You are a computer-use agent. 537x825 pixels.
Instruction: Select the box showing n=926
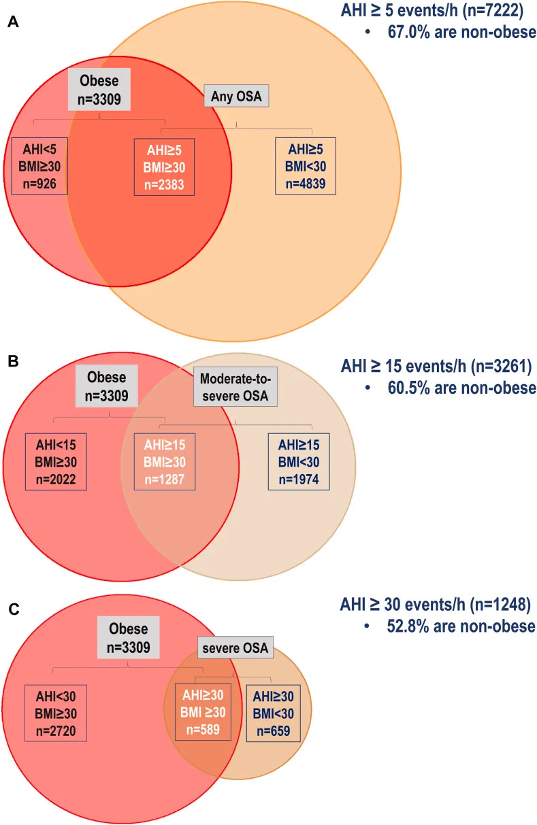tap(39, 166)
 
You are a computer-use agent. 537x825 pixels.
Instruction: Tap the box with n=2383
tap(164, 167)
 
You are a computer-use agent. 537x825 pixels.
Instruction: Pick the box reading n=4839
tap(305, 166)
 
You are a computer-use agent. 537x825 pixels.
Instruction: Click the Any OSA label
tap(237, 97)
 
